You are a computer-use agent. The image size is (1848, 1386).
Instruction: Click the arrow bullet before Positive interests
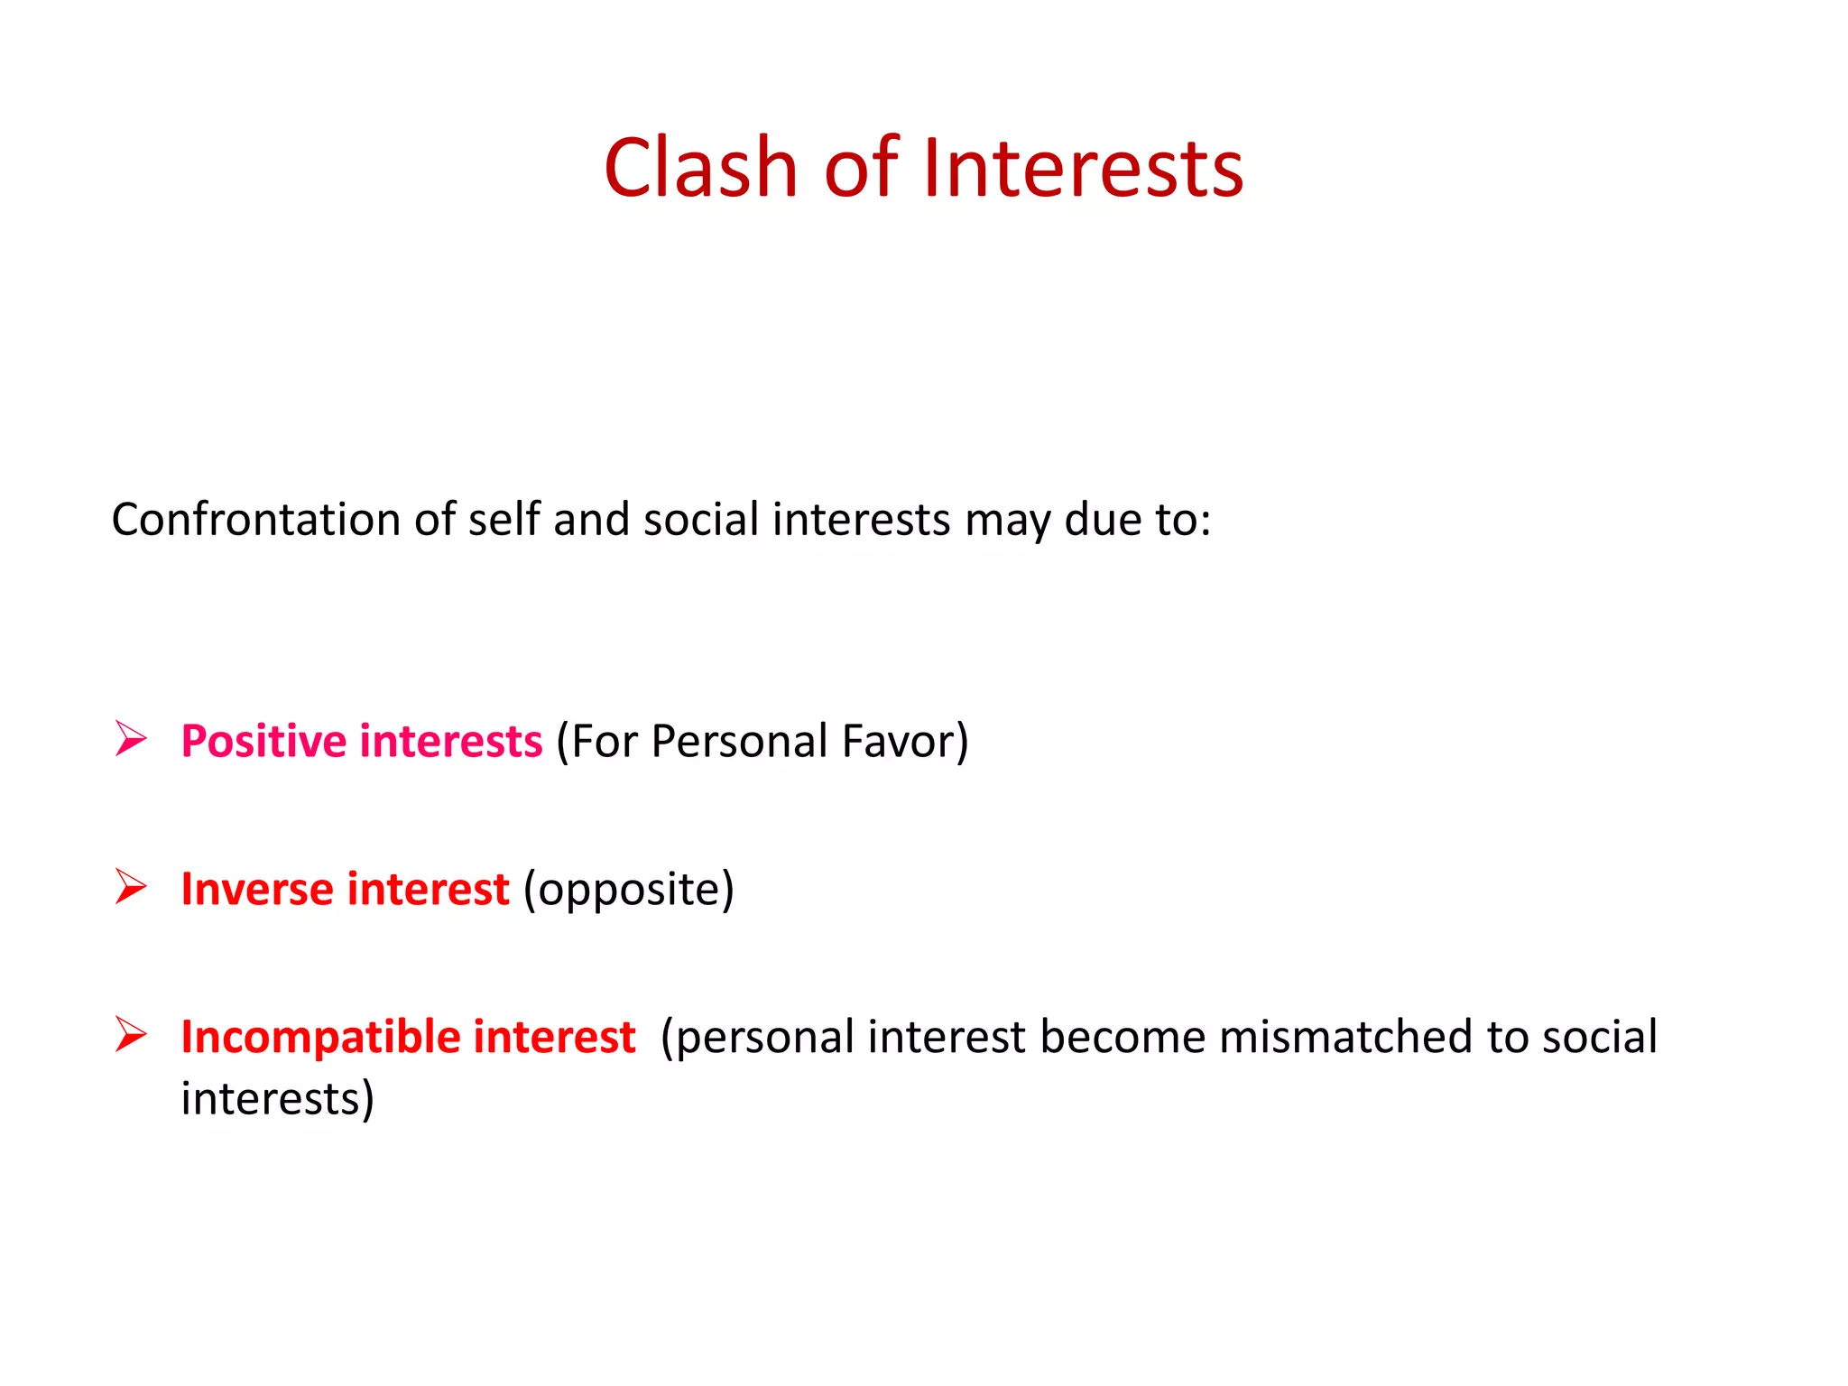coord(131,739)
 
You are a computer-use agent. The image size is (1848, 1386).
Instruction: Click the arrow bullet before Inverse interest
coord(131,887)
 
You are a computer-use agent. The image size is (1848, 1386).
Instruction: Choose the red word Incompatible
coord(320,1038)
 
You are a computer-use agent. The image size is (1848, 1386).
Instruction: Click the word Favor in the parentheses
coord(898,742)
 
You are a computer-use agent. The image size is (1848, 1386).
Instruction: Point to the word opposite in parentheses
coord(629,891)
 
